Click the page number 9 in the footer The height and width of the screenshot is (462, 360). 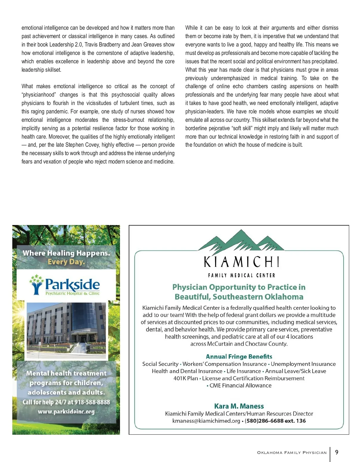coord(337,452)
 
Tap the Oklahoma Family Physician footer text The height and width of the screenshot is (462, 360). coord(292,453)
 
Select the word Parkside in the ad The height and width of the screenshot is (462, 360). coord(72,284)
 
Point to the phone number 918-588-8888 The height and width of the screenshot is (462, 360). coord(92,402)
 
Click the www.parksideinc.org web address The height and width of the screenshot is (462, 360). coord(66,412)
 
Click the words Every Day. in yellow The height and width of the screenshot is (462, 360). coord(66,262)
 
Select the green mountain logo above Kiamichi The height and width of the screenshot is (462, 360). coord(241,240)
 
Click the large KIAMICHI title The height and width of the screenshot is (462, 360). coord(241,262)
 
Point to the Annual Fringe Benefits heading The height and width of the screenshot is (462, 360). coord(239,356)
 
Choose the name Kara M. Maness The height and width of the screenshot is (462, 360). coord(239,406)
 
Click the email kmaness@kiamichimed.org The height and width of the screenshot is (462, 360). coord(206,421)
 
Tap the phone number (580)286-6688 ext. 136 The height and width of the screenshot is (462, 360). coord(275,421)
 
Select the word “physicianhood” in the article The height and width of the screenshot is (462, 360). coord(39,95)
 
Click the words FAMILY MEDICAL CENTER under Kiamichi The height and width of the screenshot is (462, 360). coord(241,275)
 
